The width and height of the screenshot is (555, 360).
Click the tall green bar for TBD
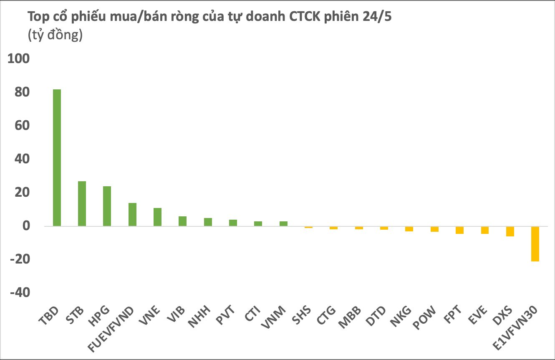[x=57, y=158]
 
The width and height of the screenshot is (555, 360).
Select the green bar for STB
[x=82, y=203]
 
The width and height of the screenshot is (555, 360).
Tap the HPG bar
[x=107, y=206]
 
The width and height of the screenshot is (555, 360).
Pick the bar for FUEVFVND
[x=132, y=215]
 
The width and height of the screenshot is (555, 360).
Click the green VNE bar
[x=158, y=217]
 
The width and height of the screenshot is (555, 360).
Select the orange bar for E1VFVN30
[x=535, y=244]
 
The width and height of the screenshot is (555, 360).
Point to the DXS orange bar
[x=510, y=231]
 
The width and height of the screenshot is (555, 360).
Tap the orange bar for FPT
[x=459, y=230]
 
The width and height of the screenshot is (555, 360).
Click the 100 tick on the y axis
[x=19, y=59]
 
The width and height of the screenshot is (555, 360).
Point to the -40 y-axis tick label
[x=20, y=293]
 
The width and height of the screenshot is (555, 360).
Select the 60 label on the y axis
[x=22, y=125]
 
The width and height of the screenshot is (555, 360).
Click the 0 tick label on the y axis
[x=26, y=226]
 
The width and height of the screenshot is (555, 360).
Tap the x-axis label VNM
[x=274, y=317]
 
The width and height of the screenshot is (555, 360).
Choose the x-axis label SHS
[x=301, y=315]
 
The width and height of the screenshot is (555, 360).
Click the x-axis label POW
[x=424, y=317]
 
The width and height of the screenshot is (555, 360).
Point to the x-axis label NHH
[x=199, y=317]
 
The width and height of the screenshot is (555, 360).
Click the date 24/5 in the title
[x=377, y=16]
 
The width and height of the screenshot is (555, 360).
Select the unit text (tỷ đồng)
[x=55, y=35]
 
